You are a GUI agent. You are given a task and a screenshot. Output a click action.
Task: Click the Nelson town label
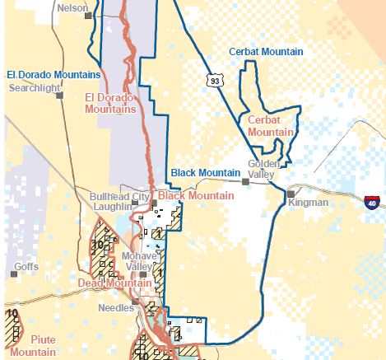(x=73, y=7)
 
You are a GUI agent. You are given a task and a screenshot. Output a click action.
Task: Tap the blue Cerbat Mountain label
(x=265, y=52)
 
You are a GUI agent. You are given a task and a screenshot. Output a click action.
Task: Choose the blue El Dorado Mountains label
(x=53, y=74)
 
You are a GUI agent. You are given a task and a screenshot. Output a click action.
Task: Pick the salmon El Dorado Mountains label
(x=109, y=103)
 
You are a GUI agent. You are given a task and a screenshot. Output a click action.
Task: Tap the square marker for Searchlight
(x=59, y=95)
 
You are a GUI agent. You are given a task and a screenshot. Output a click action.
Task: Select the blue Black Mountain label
(x=205, y=172)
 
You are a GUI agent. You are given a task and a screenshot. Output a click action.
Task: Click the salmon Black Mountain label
(x=195, y=196)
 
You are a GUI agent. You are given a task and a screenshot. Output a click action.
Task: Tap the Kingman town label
(x=309, y=203)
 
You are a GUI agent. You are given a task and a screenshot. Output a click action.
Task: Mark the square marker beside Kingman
(x=291, y=194)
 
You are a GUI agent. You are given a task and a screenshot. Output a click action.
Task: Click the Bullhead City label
(x=120, y=198)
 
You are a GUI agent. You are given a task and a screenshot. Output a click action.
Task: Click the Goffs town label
(x=26, y=267)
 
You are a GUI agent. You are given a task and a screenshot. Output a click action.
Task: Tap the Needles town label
(x=115, y=307)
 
